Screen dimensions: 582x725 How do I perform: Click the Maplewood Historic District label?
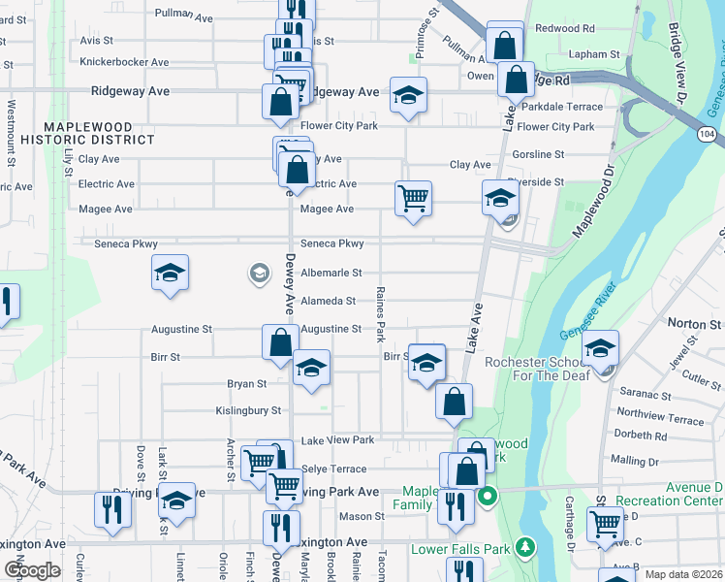point(100,133)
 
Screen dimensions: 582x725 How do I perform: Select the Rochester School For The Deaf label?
point(537,370)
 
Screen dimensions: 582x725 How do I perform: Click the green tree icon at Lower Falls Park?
point(524,549)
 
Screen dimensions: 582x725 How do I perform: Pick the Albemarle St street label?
point(331,274)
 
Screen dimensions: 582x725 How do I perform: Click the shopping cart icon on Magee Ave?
point(414,198)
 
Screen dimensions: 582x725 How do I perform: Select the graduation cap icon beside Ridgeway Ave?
point(408,97)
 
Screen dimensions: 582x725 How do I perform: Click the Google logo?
point(31,570)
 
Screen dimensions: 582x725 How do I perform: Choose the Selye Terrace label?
point(333,469)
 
